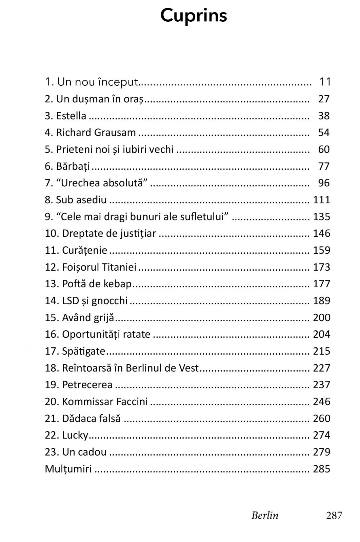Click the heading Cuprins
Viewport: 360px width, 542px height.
click(194, 16)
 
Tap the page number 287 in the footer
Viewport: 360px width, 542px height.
click(334, 515)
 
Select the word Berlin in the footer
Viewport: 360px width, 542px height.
click(265, 515)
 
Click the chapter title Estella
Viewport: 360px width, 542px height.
click(71, 116)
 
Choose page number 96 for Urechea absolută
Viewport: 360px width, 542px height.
click(324, 183)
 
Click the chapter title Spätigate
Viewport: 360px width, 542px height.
click(84, 351)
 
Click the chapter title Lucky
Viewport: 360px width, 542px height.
click(75, 435)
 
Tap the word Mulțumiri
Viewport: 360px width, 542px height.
click(68, 469)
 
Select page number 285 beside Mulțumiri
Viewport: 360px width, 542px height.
click(321, 469)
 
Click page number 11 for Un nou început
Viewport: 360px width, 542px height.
click(325, 82)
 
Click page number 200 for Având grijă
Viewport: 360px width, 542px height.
click(321, 317)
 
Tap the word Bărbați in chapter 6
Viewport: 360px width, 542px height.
click(73, 166)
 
